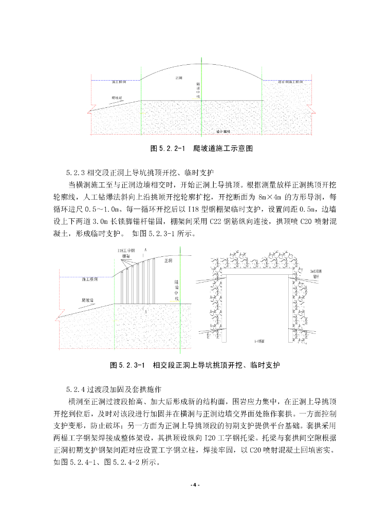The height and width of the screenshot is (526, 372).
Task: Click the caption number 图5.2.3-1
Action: [x=126, y=365]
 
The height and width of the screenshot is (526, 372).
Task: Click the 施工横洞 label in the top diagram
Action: [x=120, y=82]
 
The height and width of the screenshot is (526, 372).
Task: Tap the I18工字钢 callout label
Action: [x=125, y=250]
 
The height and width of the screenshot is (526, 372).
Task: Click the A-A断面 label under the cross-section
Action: [x=259, y=341]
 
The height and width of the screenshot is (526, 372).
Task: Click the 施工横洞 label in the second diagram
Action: [x=90, y=281]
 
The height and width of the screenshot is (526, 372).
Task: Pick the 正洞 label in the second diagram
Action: [x=167, y=261]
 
